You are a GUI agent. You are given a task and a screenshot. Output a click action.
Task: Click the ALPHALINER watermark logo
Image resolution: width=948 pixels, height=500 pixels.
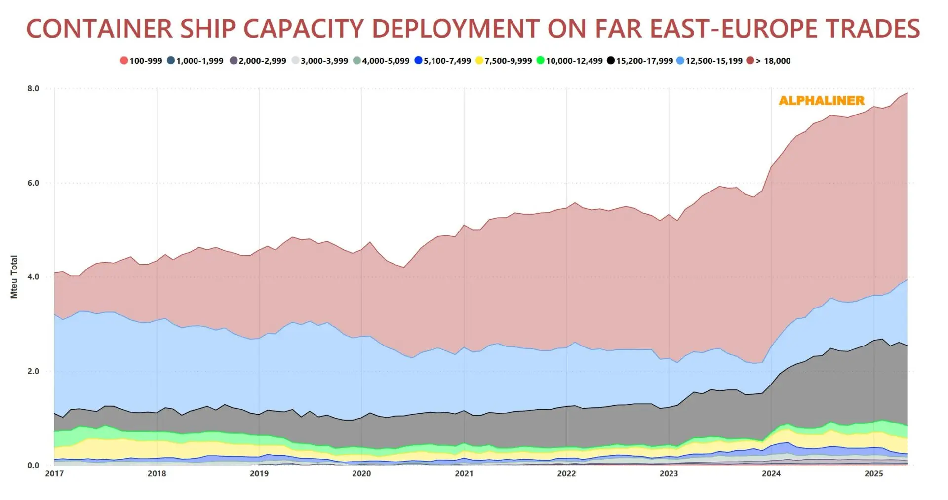coord(822,101)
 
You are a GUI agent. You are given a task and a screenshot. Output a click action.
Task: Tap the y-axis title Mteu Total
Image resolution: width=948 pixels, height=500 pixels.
coord(14,277)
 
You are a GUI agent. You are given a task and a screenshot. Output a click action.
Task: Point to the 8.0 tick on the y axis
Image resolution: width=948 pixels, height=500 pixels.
coord(33,89)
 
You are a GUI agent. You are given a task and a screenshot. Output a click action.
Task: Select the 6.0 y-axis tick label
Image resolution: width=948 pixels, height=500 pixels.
coord(33,183)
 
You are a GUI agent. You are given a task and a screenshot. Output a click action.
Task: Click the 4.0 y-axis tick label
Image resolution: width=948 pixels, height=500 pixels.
coord(33,277)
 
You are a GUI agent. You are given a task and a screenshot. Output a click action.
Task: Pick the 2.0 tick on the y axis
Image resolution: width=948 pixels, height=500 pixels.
coord(33,372)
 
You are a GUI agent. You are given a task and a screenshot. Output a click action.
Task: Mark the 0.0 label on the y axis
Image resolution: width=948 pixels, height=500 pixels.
coord(33,466)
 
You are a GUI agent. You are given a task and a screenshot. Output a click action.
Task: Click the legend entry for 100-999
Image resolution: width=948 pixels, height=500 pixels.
coord(141,61)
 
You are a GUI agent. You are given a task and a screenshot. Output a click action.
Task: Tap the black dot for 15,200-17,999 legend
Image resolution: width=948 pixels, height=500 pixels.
coord(611,61)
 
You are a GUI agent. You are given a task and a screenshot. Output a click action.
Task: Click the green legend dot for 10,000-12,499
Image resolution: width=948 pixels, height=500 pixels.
coord(541,61)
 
